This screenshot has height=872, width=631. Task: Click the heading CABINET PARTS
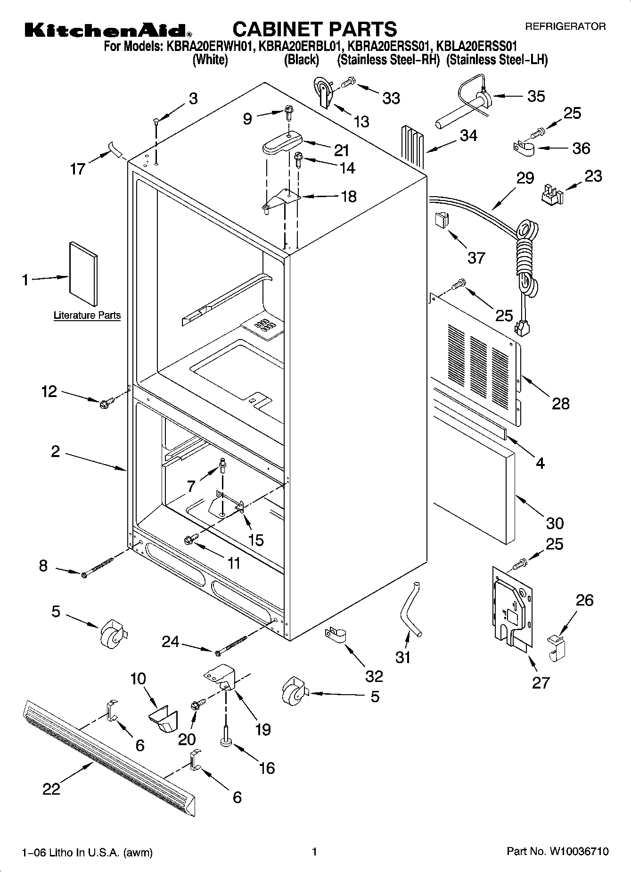click(315, 29)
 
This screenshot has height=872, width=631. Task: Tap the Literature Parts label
click(87, 316)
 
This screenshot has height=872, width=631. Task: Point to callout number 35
click(536, 96)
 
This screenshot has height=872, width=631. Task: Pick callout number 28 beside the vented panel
click(560, 403)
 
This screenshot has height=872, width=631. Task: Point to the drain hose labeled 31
click(409, 609)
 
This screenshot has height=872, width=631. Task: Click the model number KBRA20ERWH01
click(210, 47)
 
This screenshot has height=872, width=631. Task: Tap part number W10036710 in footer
click(578, 852)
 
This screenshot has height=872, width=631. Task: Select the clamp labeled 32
click(336, 634)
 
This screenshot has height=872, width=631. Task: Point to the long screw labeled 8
click(99, 565)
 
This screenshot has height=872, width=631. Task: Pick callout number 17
click(77, 168)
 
